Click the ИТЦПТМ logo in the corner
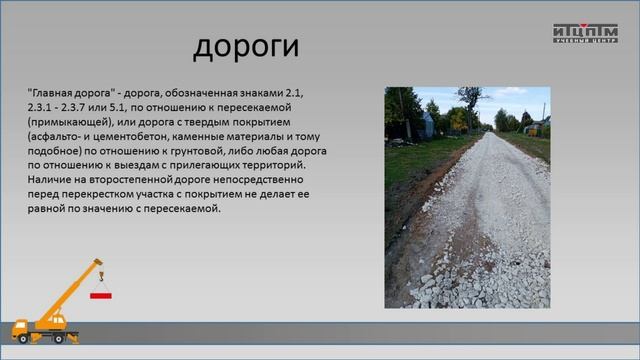click(585, 32)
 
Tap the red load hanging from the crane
click(100, 296)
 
